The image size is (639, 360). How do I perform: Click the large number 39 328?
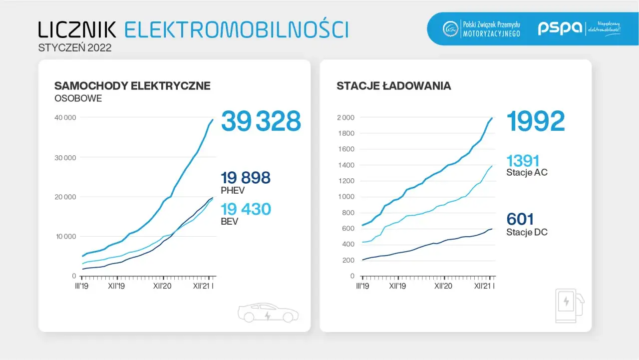(x=261, y=121)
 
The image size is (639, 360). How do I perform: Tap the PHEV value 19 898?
(x=246, y=178)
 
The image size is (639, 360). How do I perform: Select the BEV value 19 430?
(x=246, y=209)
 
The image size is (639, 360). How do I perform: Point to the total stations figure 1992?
(x=535, y=121)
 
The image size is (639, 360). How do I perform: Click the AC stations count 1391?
(x=523, y=161)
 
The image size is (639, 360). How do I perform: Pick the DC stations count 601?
(x=520, y=219)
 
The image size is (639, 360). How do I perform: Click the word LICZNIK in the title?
(x=77, y=30)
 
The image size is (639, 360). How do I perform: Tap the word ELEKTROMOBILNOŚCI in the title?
(x=236, y=30)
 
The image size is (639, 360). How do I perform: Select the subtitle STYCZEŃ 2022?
(x=75, y=48)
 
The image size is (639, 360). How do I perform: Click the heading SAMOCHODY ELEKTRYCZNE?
(x=132, y=86)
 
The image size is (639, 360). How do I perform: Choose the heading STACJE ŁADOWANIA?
(x=394, y=86)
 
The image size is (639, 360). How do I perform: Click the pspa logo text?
(x=560, y=28)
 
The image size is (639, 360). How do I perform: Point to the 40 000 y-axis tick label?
(x=65, y=118)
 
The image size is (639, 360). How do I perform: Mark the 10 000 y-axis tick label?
(x=65, y=237)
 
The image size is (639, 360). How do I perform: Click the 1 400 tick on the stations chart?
(x=345, y=165)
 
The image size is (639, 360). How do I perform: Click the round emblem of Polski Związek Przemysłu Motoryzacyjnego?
(x=451, y=28)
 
